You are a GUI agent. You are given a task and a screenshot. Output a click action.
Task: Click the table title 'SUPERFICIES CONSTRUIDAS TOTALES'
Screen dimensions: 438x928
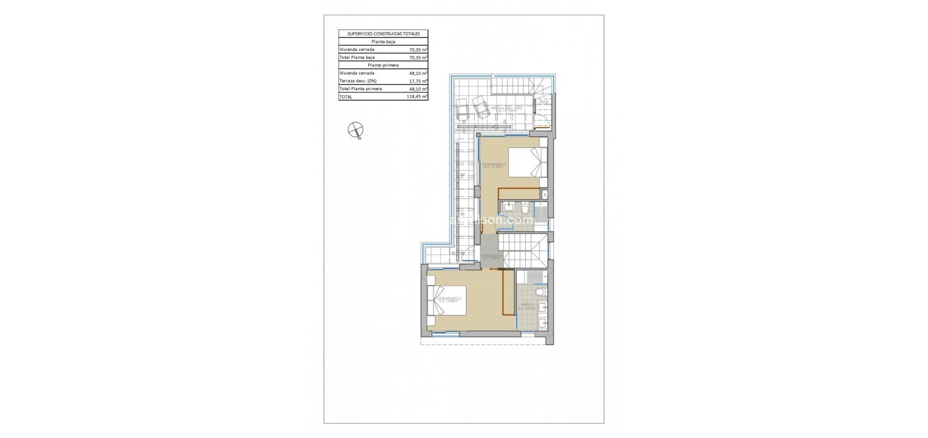(x=383, y=34)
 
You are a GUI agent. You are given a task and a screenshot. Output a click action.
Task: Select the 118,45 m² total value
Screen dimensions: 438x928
(x=418, y=97)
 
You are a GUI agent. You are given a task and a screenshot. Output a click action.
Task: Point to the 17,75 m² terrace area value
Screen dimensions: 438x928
(x=418, y=81)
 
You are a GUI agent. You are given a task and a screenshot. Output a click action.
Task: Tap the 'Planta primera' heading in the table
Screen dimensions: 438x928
(x=383, y=65)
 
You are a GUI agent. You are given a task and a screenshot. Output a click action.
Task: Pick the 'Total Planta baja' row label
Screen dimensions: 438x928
(x=357, y=57)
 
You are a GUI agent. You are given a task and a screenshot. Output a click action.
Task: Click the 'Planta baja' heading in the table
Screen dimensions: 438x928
(x=383, y=42)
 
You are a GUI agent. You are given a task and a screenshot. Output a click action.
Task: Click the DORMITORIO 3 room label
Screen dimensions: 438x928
(x=494, y=165)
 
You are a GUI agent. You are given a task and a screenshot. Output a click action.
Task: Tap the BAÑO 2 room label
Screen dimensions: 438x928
(x=527, y=306)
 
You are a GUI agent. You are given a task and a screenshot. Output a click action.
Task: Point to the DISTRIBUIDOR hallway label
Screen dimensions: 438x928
(x=492, y=257)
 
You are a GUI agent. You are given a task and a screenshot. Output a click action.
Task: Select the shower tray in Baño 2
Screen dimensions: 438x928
(x=531, y=277)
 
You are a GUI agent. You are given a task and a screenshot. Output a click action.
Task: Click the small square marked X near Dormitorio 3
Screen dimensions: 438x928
(x=544, y=194)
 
